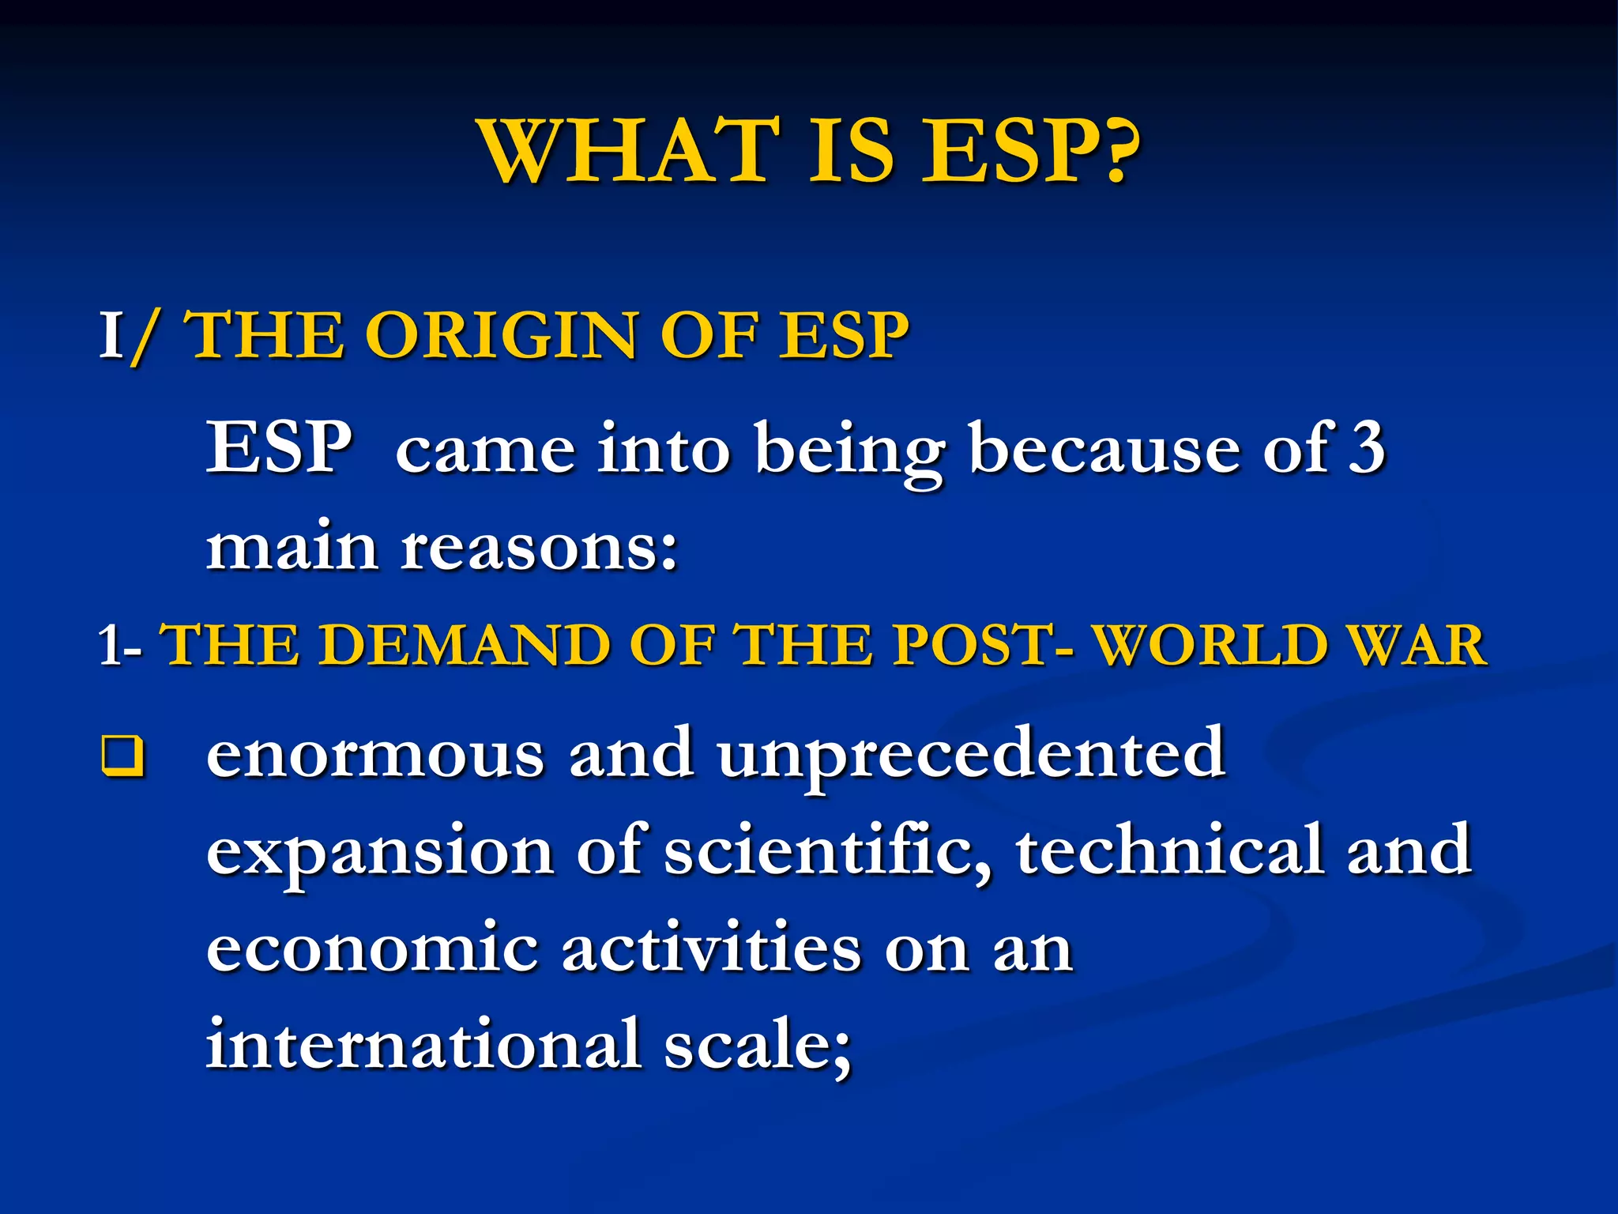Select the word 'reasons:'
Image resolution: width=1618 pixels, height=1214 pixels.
click(540, 549)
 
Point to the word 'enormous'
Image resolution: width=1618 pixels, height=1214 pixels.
click(375, 756)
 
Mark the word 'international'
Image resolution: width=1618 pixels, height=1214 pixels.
click(423, 1045)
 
